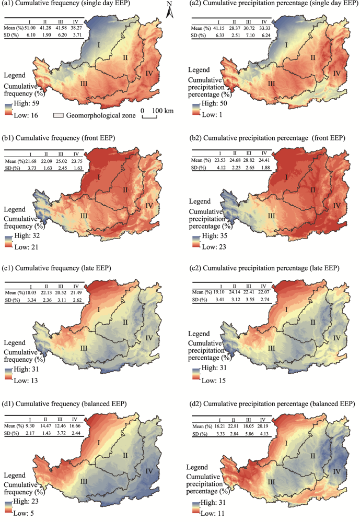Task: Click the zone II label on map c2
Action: [x=312, y=323]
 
